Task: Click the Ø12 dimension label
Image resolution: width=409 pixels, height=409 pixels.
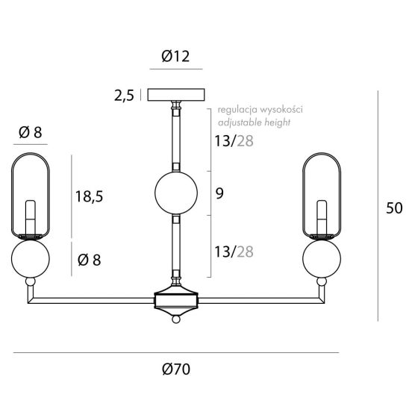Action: [x=175, y=56]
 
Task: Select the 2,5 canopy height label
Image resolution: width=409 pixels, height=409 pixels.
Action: [x=124, y=96]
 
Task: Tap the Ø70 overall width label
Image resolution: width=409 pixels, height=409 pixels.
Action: [x=176, y=369]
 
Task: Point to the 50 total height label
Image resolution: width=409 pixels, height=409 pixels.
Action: [x=394, y=208]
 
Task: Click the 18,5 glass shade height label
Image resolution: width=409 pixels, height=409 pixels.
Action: [x=90, y=196]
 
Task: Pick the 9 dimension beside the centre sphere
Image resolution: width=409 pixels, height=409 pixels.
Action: [x=219, y=193]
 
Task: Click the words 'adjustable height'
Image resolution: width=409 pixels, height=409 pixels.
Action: [x=254, y=122]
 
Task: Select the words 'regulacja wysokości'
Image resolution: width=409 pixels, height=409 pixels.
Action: [x=260, y=110]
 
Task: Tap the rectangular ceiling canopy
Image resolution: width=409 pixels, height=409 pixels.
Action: [x=176, y=95]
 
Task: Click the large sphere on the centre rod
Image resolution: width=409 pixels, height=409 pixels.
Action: [x=176, y=193]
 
